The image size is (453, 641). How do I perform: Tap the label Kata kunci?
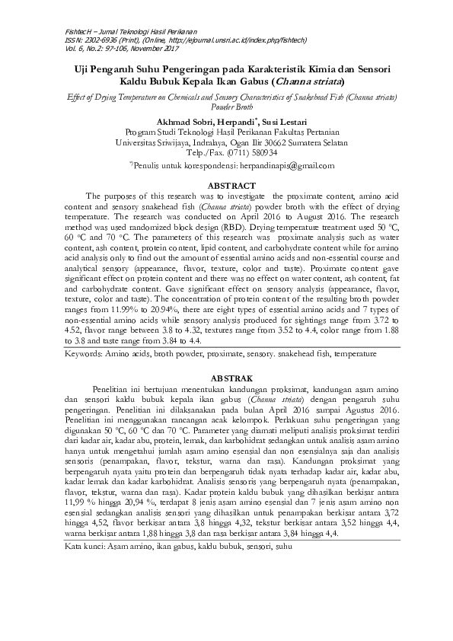(85, 547)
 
